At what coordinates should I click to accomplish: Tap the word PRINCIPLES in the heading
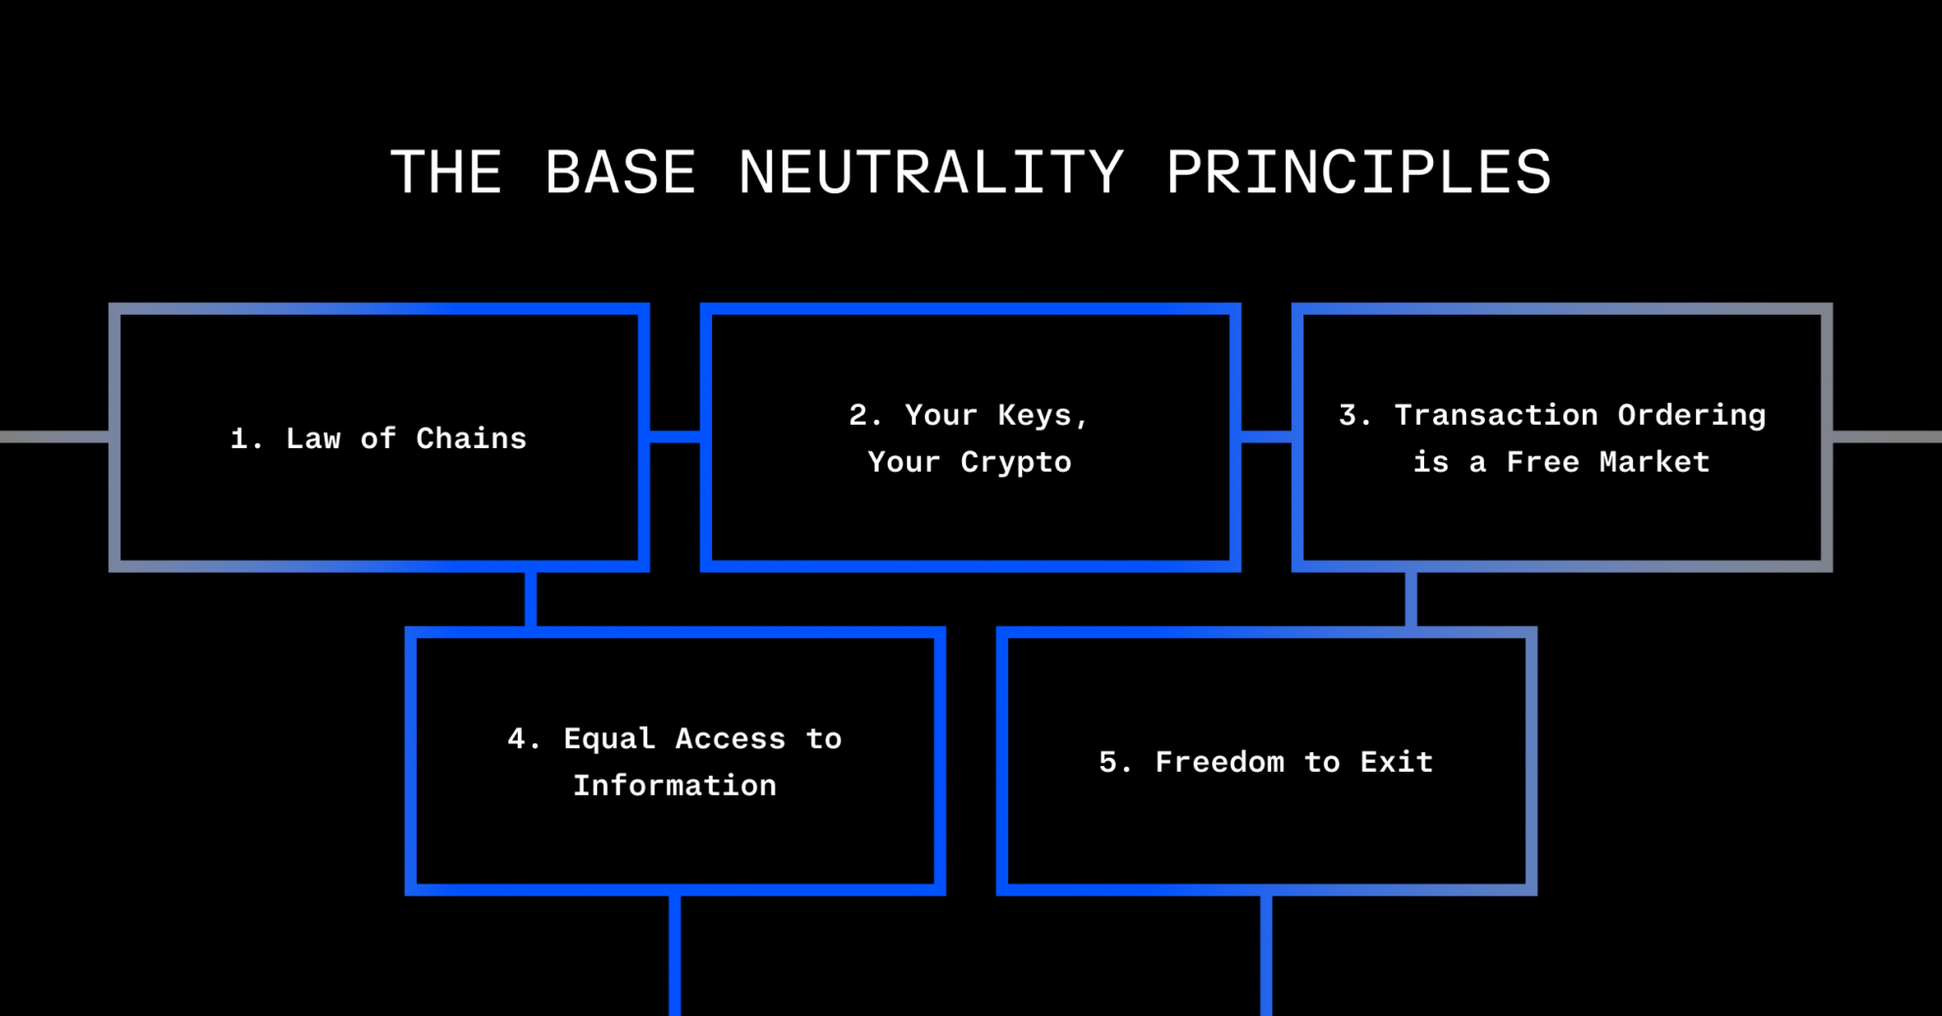pos(1358,174)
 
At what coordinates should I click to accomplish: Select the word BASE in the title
pos(620,174)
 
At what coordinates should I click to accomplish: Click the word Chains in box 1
pos(471,438)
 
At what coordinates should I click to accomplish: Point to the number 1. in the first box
pos(246,438)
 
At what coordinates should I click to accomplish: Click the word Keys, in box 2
pos(1044,415)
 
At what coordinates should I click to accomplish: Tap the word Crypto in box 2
pos(1016,462)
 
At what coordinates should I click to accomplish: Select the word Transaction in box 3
pos(1496,415)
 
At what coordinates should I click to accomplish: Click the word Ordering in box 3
pos(1691,415)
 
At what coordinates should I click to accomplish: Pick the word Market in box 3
pos(1654,462)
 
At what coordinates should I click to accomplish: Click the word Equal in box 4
pos(609,738)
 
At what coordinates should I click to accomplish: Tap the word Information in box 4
pos(675,786)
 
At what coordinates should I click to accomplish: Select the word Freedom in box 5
pos(1219,762)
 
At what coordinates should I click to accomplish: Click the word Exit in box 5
pos(1396,762)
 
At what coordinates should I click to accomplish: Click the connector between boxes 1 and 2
pos(675,436)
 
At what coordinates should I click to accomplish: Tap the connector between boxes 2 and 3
pos(1266,436)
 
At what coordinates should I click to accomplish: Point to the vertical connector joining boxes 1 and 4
pos(531,599)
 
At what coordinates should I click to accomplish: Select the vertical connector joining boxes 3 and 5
pos(1410,599)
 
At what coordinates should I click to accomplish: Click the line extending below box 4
pos(675,956)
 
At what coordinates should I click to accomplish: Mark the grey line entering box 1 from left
pos(54,436)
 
